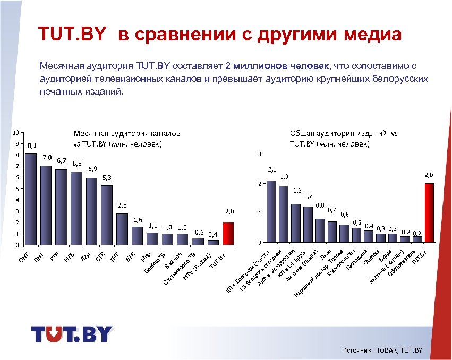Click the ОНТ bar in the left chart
(31, 199)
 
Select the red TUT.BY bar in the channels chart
(228, 234)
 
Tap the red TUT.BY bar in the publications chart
(429, 212)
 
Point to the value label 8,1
(32, 145)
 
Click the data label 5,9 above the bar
(92, 169)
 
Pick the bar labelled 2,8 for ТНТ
(122, 229)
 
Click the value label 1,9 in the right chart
(285, 176)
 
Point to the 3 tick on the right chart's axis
(259, 155)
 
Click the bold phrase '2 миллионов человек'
(277, 66)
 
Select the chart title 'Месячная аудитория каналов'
(127, 133)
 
